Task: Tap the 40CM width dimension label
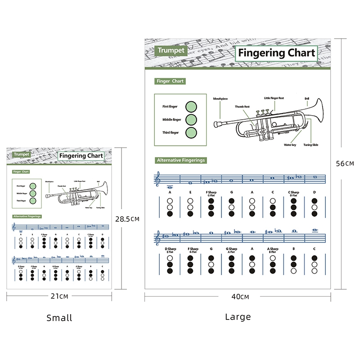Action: pyautogui.click(x=238, y=297)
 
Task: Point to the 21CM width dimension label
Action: pyautogui.click(x=59, y=296)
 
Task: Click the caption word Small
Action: pyautogui.click(x=59, y=318)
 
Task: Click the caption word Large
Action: pyautogui.click(x=238, y=317)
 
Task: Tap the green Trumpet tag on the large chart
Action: pyautogui.click(x=171, y=50)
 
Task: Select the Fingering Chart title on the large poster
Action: pyautogui.click(x=276, y=53)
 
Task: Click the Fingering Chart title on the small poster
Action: pyautogui.click(x=81, y=156)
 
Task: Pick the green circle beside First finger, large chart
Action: pyautogui.click(x=191, y=107)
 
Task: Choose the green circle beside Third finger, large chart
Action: pyautogui.click(x=191, y=133)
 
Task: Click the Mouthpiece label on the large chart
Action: pyautogui.click(x=220, y=98)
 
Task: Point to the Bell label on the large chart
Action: pyautogui.click(x=307, y=98)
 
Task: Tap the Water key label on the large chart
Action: pyautogui.click(x=290, y=145)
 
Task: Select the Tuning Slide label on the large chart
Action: pyautogui.click(x=310, y=145)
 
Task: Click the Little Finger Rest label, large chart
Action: pyautogui.click(x=274, y=98)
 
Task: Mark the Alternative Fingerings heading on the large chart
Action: pyautogui.click(x=180, y=160)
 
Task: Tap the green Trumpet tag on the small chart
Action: pyautogui.click(x=21, y=154)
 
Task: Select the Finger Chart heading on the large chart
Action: pyautogui.click(x=170, y=81)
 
